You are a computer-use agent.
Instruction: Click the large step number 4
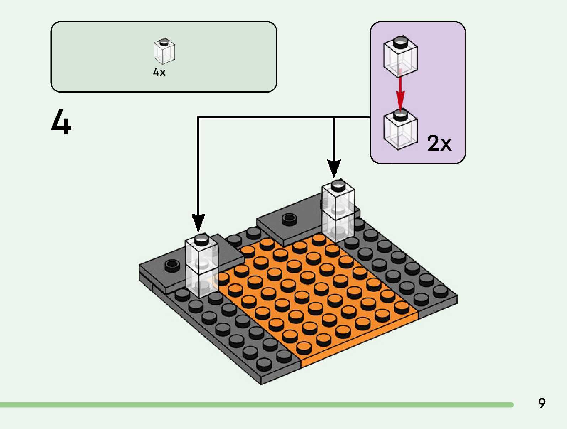(61, 122)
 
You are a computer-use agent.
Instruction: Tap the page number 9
(541, 403)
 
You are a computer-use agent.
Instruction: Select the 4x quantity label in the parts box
(159, 72)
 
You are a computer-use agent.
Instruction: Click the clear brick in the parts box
(164, 52)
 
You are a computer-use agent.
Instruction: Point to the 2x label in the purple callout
(439, 143)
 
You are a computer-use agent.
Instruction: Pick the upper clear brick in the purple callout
(401, 57)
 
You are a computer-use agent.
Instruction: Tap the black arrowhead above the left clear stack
(198, 223)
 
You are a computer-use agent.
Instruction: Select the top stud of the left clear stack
(202, 240)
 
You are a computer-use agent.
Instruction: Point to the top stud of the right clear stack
(338, 186)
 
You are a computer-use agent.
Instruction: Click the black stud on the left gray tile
(172, 265)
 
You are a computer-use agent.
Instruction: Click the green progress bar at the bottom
(256, 405)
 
